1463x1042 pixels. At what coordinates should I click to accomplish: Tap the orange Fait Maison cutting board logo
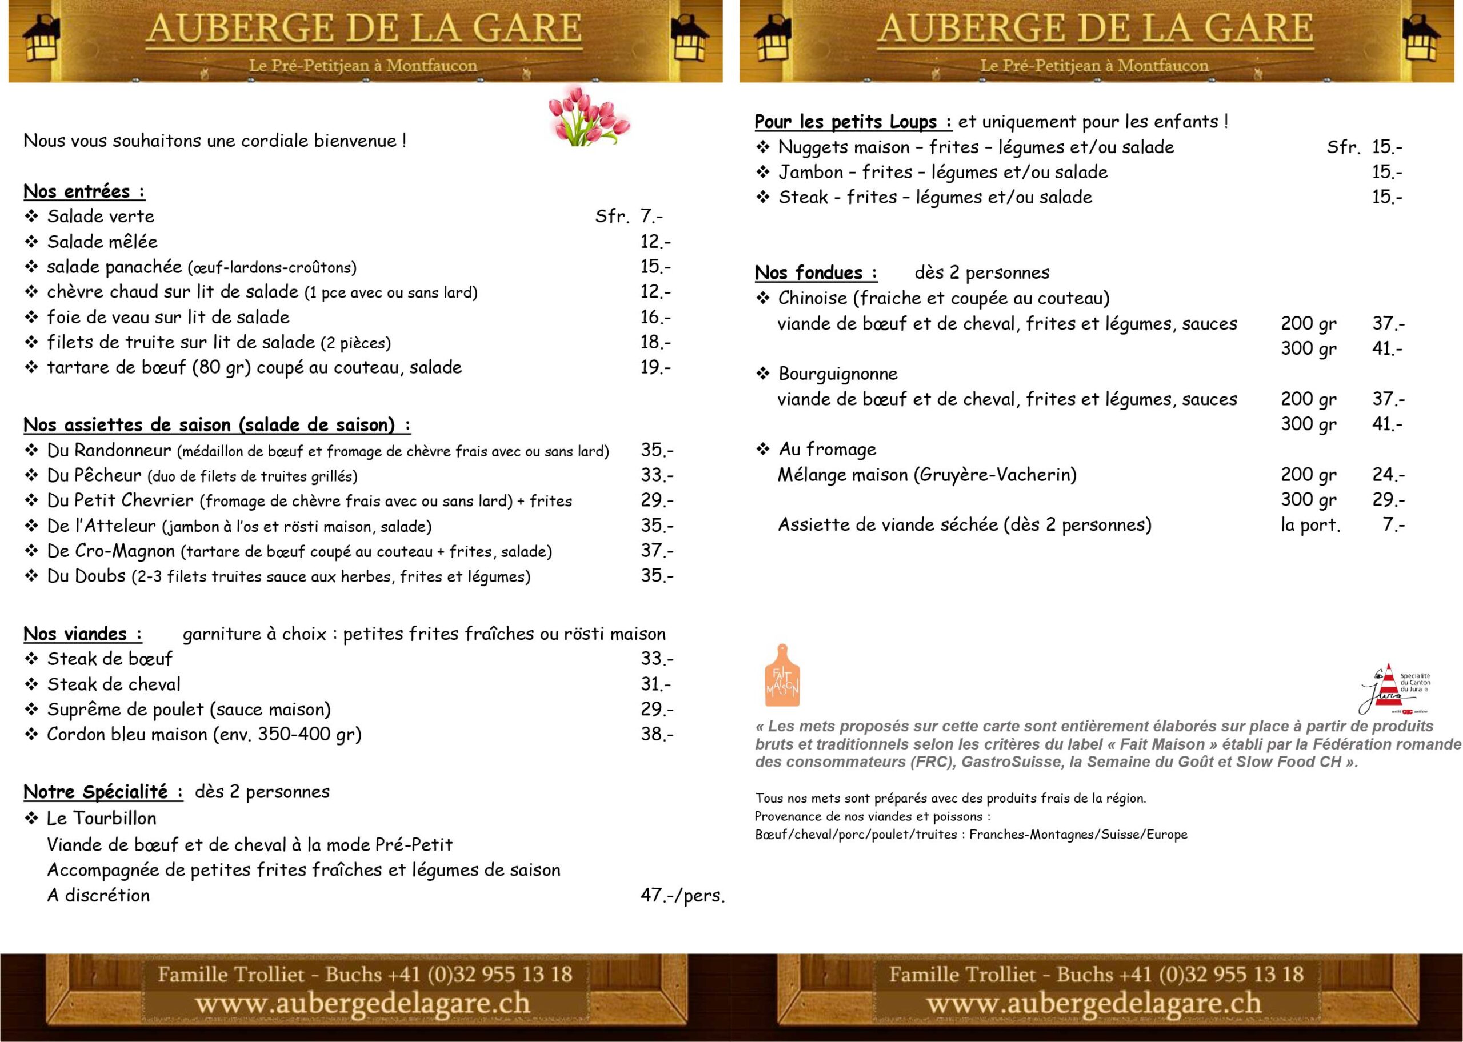(x=782, y=676)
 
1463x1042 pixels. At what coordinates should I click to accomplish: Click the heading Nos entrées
(x=83, y=191)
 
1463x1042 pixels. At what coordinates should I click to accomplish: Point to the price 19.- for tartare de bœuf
(x=655, y=368)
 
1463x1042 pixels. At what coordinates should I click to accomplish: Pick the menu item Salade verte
(x=101, y=217)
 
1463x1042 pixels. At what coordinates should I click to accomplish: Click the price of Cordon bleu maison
(x=657, y=734)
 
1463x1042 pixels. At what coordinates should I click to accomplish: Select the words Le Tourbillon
(x=101, y=818)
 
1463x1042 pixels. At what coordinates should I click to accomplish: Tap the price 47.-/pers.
(x=682, y=895)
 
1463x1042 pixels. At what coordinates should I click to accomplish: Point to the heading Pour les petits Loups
(x=853, y=122)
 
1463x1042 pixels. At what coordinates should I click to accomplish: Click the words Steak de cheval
(x=114, y=684)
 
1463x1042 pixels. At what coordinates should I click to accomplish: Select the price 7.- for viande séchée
(x=1393, y=525)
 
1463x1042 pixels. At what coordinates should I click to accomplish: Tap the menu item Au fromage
(x=827, y=449)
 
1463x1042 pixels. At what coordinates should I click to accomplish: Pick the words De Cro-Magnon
(x=110, y=551)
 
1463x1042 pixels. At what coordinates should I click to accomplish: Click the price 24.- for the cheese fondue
(x=1388, y=475)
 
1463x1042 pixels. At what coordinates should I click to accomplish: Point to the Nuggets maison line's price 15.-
(x=1386, y=147)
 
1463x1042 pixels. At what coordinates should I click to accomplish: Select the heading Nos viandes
(x=82, y=634)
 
